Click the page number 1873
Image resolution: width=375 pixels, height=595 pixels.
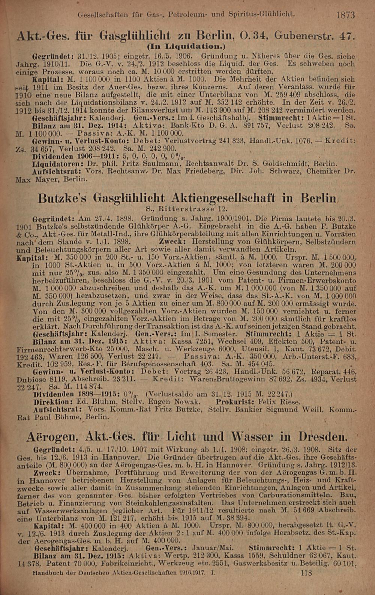pyautogui.click(x=345, y=15)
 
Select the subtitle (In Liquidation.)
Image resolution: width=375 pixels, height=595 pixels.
pyautogui.click(x=186, y=47)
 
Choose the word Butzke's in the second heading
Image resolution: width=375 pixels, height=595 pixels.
pyautogui.click(x=63, y=198)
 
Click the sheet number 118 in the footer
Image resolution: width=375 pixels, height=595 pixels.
pyautogui.click(x=306, y=573)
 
